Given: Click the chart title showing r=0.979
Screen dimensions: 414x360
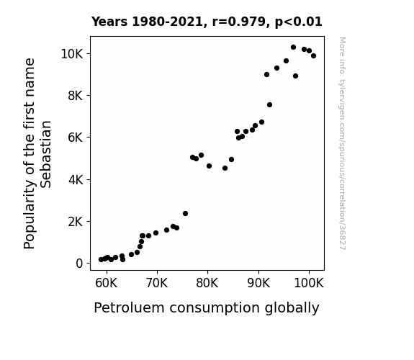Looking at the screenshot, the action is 207,22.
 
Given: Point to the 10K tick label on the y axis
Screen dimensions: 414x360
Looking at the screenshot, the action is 72,54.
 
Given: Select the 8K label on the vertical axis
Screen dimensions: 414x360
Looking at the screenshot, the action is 76,96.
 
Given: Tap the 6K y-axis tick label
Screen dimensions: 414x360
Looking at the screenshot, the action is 76,138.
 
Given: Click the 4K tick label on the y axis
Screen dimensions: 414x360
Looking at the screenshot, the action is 76,180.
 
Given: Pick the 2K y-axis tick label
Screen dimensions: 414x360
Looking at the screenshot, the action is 76,222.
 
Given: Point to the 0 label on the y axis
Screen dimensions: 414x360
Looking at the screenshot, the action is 79,264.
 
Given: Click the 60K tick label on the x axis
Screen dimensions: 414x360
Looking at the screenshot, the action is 106,283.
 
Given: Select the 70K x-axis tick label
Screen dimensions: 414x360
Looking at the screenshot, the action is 157,283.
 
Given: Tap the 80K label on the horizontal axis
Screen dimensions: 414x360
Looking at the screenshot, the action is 207,283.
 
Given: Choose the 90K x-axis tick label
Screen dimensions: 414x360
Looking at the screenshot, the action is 258,283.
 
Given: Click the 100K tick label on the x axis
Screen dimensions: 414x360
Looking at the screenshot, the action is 309,283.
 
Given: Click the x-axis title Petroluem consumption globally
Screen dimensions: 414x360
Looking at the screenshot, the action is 207,308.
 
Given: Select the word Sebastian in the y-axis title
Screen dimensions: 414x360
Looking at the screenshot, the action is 46,154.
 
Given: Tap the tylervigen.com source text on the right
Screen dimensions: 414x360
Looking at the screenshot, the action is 342,143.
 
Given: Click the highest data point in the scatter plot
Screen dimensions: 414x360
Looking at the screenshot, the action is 293,48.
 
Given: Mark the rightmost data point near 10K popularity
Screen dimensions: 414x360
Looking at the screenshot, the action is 313,55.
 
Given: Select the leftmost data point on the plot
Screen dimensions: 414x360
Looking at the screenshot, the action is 101,260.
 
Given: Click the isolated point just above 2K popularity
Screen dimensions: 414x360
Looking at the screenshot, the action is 185,213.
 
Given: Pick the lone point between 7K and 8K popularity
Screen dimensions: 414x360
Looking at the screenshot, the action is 269,105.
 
